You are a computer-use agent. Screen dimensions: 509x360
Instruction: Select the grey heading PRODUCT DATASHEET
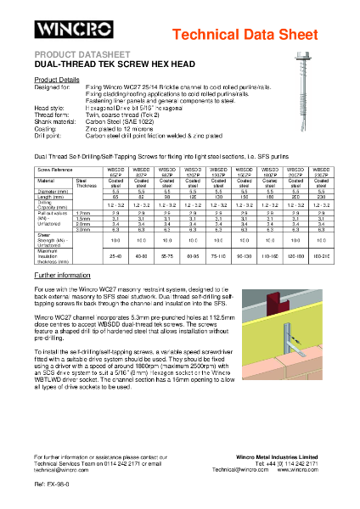[x=70, y=54]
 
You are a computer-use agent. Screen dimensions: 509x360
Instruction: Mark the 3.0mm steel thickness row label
[x=87, y=229]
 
